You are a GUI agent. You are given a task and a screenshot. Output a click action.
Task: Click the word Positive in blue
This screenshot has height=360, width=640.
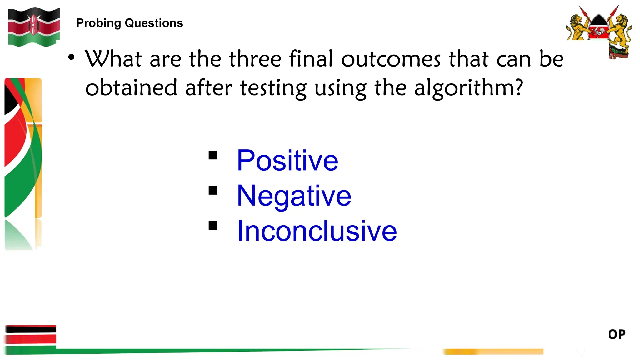(x=287, y=161)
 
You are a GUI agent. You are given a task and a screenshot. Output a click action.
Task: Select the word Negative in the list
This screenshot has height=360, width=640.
(x=294, y=196)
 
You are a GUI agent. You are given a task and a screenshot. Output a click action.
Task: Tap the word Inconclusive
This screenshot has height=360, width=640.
(x=317, y=231)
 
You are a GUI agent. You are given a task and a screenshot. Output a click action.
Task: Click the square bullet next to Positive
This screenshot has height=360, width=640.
(x=213, y=155)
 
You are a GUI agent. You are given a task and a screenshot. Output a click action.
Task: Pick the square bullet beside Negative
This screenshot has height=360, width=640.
(x=213, y=190)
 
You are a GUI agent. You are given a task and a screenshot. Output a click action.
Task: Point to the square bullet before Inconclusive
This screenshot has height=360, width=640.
(x=213, y=225)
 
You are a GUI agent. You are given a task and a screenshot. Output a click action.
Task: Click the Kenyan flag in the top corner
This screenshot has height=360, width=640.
(x=34, y=27)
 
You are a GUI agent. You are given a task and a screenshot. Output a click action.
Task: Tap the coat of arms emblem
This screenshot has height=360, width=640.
(x=599, y=31)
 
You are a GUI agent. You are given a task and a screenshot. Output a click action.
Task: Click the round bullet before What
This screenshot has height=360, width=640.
(x=72, y=57)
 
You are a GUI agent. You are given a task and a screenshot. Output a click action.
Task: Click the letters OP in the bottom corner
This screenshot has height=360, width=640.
(x=617, y=334)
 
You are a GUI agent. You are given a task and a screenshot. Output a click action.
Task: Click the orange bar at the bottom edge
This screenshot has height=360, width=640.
(x=493, y=352)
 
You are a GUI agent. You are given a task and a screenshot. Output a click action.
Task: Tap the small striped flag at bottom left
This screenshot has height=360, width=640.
(x=31, y=339)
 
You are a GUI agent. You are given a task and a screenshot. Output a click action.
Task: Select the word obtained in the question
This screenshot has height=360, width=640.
(x=131, y=88)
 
